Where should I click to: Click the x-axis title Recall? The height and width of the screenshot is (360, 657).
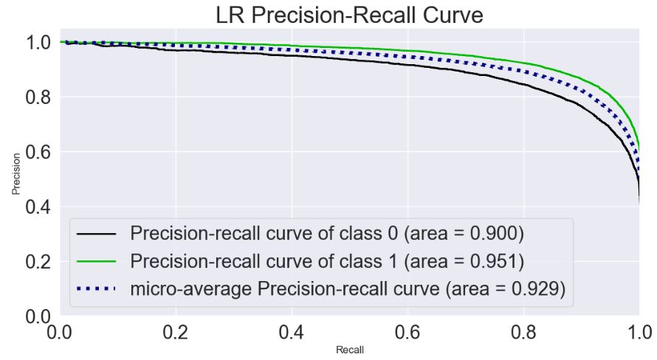(348, 349)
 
